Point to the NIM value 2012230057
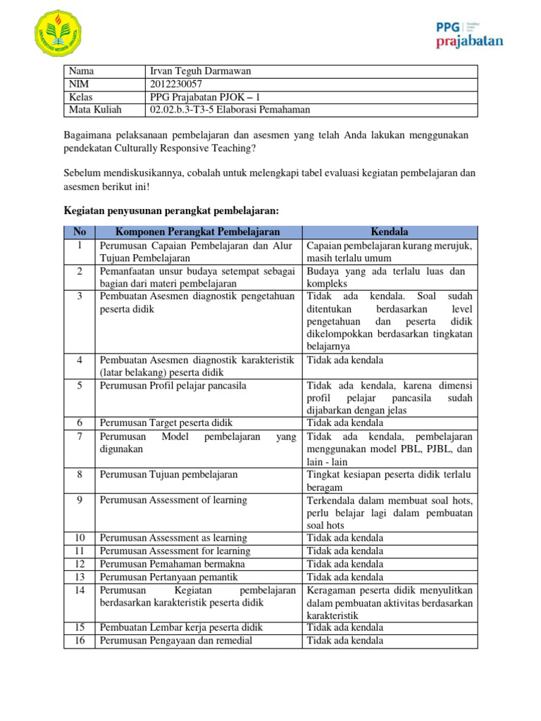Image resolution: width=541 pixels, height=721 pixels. click(177, 84)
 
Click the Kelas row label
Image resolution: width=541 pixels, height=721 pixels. click(82, 97)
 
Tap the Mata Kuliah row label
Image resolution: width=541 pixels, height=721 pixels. click(95, 110)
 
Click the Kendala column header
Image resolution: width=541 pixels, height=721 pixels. click(390, 232)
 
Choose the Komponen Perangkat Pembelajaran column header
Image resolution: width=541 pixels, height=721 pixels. click(198, 232)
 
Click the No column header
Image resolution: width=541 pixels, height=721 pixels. click(80, 232)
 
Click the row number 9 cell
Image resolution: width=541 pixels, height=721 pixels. click(80, 500)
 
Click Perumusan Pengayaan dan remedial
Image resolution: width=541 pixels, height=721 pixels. click(175, 640)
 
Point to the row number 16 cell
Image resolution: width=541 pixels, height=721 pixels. click(80, 640)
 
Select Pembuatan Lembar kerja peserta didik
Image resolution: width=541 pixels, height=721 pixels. click(180, 627)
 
